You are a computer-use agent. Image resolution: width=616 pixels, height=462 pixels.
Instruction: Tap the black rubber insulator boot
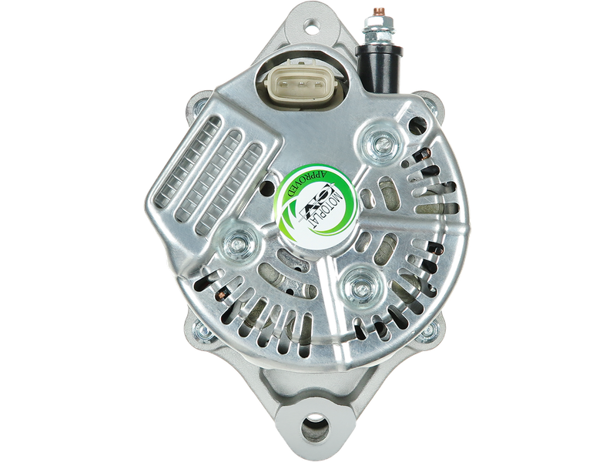coord(379,69)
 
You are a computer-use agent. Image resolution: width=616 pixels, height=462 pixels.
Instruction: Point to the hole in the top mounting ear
coord(313,28)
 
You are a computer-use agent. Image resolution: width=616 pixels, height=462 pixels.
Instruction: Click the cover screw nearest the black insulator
coord(379,143)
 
